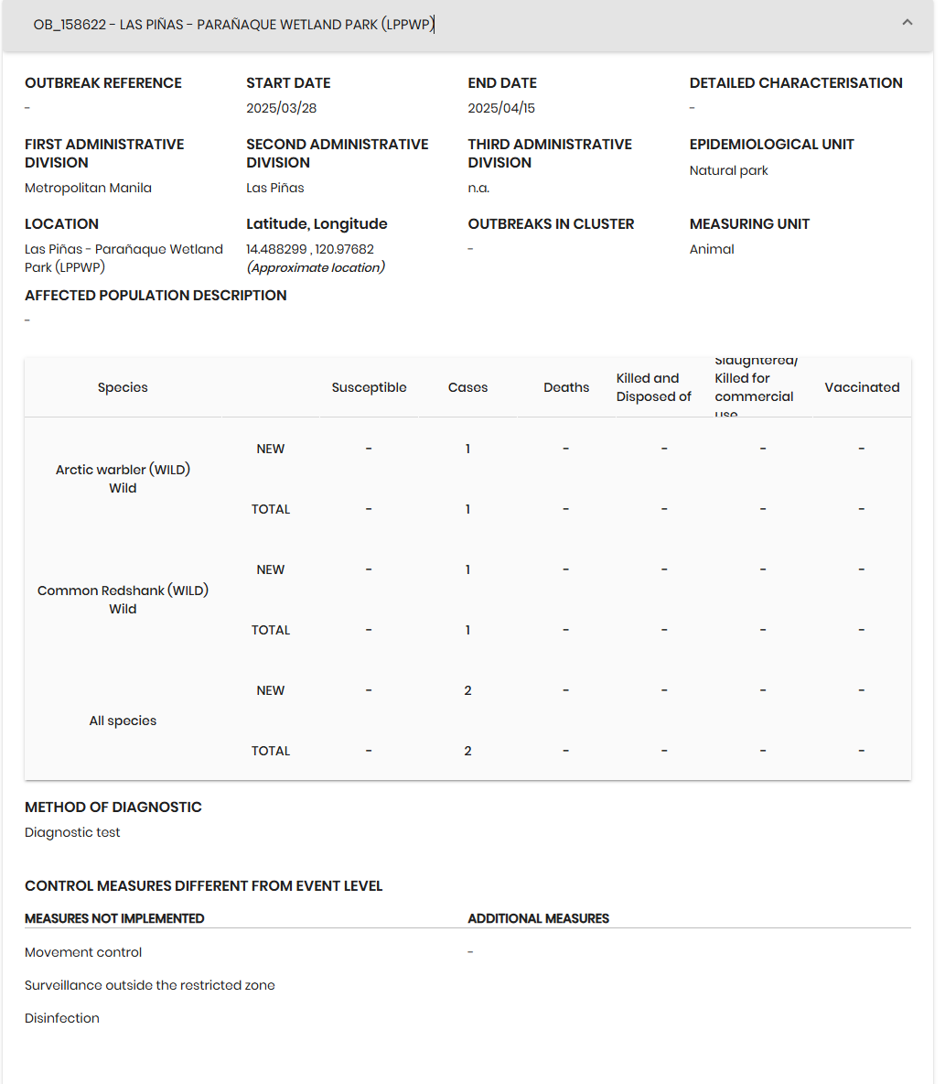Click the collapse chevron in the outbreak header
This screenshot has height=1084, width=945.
907,23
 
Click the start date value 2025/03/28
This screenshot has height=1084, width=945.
281,108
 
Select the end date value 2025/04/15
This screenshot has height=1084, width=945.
501,108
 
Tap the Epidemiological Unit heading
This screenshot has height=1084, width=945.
771,145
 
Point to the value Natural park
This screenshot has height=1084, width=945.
728,170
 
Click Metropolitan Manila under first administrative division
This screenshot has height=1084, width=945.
88,188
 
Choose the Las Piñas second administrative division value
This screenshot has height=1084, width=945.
274,188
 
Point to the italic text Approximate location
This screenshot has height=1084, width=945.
316,267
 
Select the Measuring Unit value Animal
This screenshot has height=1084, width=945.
712,249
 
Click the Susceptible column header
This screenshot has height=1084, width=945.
369,387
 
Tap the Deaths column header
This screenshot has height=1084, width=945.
566,387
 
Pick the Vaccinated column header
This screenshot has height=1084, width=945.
862,387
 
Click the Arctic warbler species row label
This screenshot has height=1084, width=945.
123,470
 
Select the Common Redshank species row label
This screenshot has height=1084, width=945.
123,591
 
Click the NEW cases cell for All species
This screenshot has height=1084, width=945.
467,690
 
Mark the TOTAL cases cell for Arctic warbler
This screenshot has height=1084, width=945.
467,509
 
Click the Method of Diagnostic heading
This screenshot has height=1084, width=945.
113,808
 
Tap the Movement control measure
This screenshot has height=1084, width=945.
83,952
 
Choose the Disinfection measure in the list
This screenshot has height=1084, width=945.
62,1018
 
